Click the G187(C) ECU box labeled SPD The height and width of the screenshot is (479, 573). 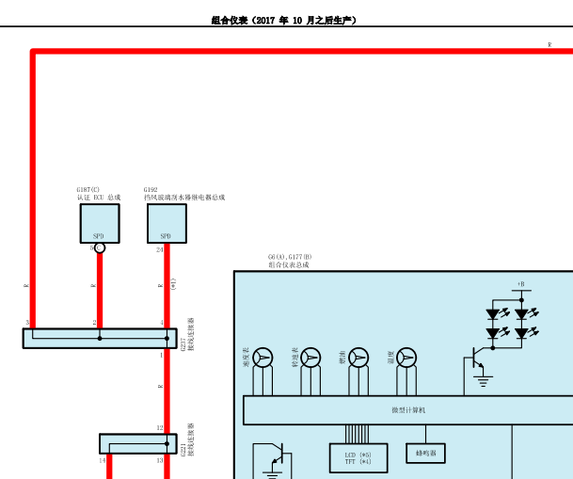(x=99, y=223)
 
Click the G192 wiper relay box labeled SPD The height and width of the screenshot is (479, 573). (x=167, y=223)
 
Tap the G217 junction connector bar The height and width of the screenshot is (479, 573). (x=100, y=338)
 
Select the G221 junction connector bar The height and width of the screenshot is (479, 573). (x=137, y=443)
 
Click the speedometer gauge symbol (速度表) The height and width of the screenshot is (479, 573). (x=263, y=358)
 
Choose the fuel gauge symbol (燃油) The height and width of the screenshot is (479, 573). (x=358, y=358)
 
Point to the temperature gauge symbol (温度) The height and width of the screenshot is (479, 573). (x=406, y=358)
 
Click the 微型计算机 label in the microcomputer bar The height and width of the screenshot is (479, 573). (x=409, y=410)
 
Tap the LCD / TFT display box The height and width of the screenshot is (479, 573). (x=358, y=457)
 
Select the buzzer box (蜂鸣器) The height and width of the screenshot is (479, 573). (x=425, y=454)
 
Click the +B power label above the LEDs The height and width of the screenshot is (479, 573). (x=519, y=283)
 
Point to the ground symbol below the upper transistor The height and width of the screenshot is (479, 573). (x=484, y=382)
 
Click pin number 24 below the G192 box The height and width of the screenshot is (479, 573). (x=159, y=250)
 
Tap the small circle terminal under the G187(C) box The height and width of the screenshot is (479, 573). (x=100, y=247)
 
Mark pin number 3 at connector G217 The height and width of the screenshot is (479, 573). (x=27, y=323)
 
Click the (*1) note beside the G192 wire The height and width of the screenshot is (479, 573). (x=173, y=283)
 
